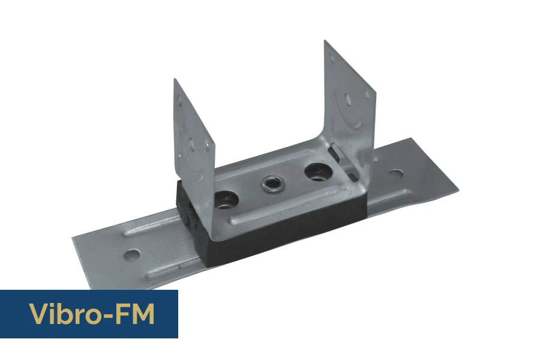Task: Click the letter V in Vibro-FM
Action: coord(37,314)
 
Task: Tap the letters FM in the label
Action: coord(136,314)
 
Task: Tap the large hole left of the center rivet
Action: coord(226,200)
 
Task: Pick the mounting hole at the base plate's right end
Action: coord(396,174)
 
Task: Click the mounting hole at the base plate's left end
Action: coord(132,255)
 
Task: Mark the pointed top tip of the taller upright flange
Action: coord(325,41)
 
